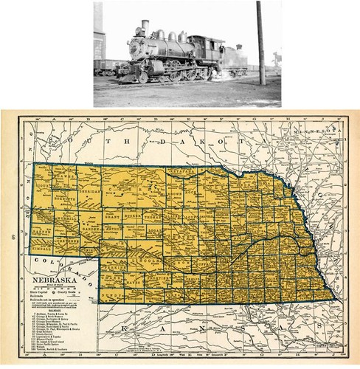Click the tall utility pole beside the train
point(260,44)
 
